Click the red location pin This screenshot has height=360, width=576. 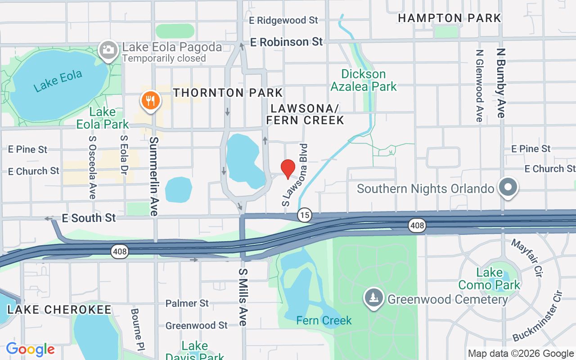pos(288,168)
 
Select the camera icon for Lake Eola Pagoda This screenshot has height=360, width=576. pos(108,49)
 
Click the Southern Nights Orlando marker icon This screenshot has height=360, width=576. pos(508,187)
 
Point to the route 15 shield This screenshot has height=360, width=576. pos(305,215)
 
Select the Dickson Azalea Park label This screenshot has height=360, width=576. pos(364,80)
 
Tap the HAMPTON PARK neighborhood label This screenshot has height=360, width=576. pos(449,18)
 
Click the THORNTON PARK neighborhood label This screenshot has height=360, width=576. pos(228,93)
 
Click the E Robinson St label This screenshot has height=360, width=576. pos(287,42)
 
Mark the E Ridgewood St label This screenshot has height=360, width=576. pos(283,20)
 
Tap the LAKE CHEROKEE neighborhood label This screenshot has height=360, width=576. pos(59,310)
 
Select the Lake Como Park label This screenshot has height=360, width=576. pos(489,279)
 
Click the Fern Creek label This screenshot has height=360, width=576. pos(324,320)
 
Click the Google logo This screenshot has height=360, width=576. pos(30,349)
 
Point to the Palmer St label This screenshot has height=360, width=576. pos(187,303)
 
